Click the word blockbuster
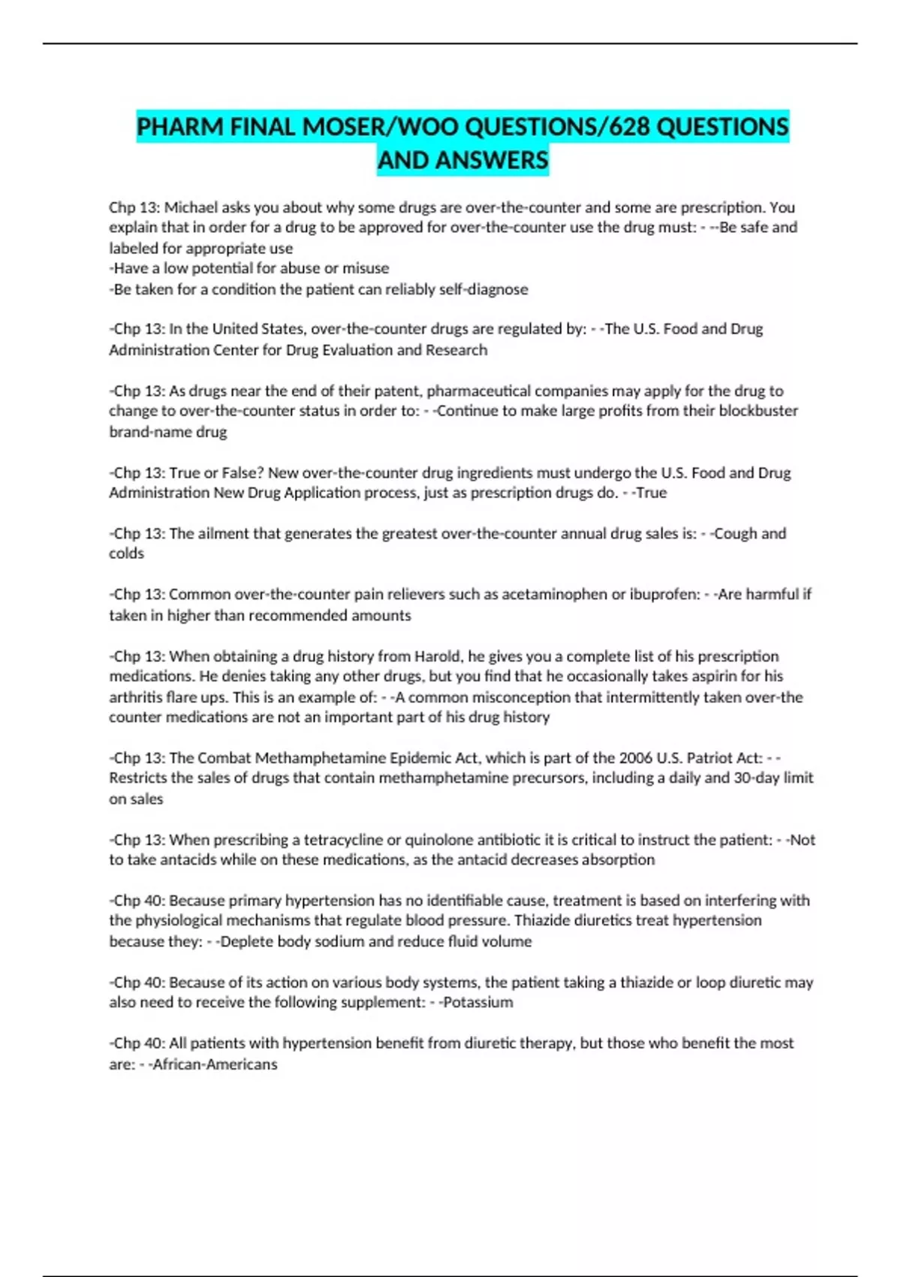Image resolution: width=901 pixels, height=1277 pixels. click(758, 411)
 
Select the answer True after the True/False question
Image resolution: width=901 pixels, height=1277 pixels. click(651, 493)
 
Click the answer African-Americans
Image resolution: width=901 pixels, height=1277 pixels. click(215, 1064)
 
